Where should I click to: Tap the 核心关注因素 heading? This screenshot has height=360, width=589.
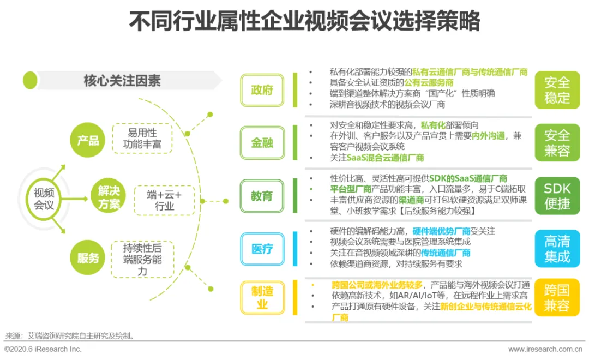tap(122, 81)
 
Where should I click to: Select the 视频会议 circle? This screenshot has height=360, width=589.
tap(44, 199)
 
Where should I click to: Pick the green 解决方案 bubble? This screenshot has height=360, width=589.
tap(109, 197)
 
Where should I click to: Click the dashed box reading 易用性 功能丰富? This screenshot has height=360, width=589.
tap(142, 139)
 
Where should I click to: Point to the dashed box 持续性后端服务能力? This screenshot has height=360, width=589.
tap(142, 259)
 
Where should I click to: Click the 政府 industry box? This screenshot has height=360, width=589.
tap(262, 90)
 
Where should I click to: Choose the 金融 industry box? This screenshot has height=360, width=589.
tap(262, 143)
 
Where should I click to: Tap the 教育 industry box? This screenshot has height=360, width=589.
tap(262, 196)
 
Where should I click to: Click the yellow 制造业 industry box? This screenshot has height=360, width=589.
tap(262, 298)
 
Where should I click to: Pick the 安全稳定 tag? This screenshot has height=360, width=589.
tap(557, 90)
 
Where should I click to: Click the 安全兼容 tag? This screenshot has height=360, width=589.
tap(557, 143)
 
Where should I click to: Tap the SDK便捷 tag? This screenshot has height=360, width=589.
tap(557, 196)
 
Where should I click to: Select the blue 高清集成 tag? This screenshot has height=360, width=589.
tap(557, 249)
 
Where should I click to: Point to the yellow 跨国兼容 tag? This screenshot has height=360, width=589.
tap(557, 298)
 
